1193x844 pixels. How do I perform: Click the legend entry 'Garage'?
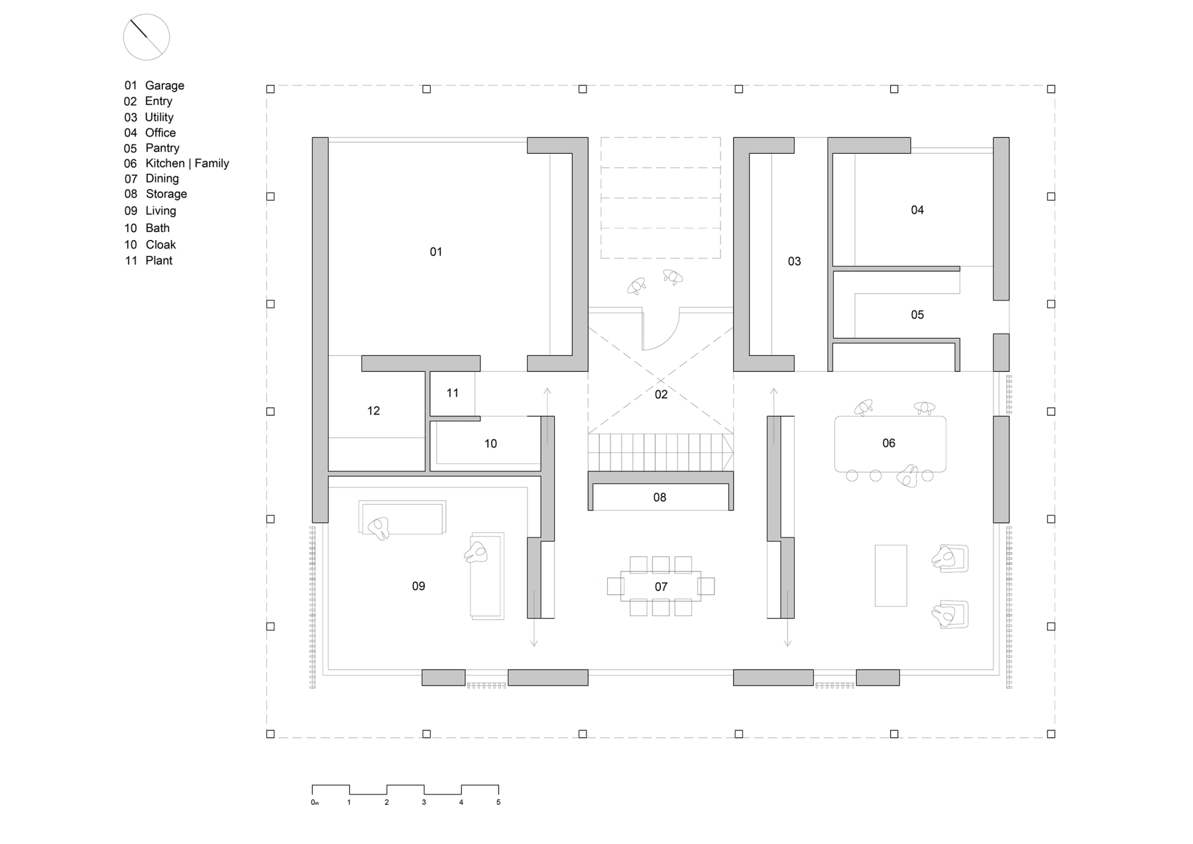click(x=164, y=86)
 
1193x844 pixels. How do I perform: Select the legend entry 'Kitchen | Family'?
click(x=187, y=163)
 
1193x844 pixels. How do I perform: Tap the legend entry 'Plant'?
click(x=159, y=261)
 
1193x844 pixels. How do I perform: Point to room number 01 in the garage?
click(x=436, y=252)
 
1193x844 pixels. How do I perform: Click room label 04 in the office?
click(x=917, y=210)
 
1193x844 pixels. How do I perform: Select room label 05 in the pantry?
click(x=917, y=315)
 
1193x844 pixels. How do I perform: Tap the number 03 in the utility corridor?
click(x=795, y=262)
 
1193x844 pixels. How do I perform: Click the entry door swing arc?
click(x=670, y=338)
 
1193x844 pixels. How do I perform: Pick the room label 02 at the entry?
click(x=661, y=394)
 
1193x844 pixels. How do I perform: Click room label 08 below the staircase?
click(x=659, y=497)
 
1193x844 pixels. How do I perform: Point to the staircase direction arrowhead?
click(x=728, y=452)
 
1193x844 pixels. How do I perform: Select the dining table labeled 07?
click(x=661, y=586)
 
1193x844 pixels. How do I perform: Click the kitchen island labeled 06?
click(x=890, y=444)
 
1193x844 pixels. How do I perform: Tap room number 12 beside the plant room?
click(x=374, y=411)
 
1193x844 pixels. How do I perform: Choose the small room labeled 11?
click(x=453, y=393)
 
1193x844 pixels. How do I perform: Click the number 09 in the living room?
click(x=419, y=586)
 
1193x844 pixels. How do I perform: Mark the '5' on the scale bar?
click(x=498, y=802)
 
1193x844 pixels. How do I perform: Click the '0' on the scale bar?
click(x=313, y=802)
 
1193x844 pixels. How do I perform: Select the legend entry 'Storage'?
click(x=166, y=194)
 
